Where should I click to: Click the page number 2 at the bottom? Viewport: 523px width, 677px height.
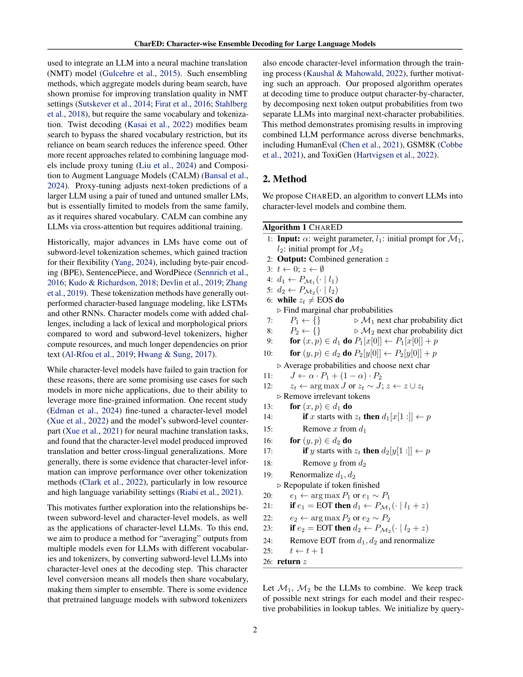tap(255, 630)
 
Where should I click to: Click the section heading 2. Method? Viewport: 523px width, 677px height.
tap(285, 179)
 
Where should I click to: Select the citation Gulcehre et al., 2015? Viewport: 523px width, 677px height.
tap(140, 73)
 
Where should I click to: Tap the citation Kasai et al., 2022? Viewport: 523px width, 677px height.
tap(159, 124)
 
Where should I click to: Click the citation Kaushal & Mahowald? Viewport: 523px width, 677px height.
tap(344, 73)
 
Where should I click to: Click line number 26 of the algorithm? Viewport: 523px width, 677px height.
tap(268, 562)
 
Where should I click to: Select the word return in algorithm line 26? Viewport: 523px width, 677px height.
tap(289, 561)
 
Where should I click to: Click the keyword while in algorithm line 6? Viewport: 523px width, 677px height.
tap(287, 300)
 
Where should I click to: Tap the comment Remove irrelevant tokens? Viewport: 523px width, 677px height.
tap(326, 396)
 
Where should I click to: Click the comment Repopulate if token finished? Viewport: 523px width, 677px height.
tap(331, 485)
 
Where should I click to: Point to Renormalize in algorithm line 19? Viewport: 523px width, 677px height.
tap(311, 475)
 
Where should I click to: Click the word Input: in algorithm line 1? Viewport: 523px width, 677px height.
tap(288, 239)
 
